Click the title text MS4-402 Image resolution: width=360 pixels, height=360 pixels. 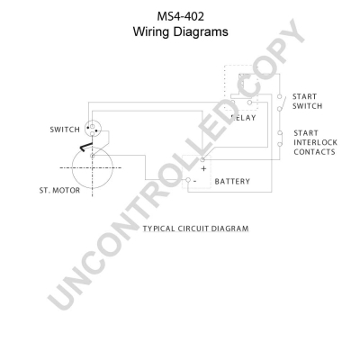coord(181,16)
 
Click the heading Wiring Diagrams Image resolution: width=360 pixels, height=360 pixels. coord(181,31)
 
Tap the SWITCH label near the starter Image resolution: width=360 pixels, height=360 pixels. coord(65,130)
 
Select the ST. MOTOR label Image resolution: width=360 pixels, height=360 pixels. coord(59,191)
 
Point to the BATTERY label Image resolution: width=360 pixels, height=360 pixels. coord(232,182)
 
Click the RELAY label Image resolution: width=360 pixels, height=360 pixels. coord(244,118)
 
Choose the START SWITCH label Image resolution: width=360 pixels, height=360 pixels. coord(307,102)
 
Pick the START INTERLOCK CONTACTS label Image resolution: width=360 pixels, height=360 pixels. coord(315,142)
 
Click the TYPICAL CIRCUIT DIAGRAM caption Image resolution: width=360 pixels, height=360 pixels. coord(195,229)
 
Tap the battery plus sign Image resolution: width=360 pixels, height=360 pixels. coord(203,168)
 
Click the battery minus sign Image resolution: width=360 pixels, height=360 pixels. coord(194,181)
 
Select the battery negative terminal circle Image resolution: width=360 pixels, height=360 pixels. coord(188,180)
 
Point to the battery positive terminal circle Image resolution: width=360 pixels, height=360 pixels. coord(202,158)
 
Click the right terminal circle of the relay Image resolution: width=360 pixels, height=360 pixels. coord(249,103)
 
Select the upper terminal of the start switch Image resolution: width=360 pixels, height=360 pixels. coord(279,96)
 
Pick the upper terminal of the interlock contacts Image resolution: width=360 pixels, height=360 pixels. coord(280,133)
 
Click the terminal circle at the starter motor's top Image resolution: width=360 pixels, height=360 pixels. coord(93,156)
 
